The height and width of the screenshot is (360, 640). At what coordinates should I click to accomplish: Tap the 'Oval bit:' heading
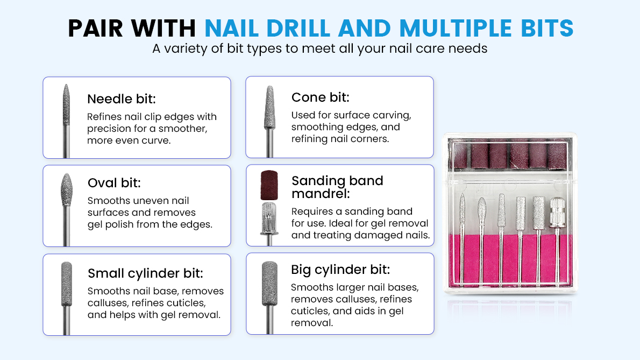click(x=114, y=183)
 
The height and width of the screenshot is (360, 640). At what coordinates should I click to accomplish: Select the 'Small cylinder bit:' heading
click(x=145, y=273)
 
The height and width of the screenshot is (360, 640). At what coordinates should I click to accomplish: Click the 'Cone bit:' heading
click(x=320, y=97)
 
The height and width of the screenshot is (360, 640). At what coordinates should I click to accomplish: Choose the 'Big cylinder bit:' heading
click(x=340, y=269)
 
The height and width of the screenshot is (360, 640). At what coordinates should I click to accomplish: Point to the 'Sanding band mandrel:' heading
click(x=337, y=187)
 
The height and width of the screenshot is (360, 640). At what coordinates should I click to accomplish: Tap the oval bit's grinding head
click(x=66, y=189)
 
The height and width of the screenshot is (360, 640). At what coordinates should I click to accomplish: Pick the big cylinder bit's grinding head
click(x=269, y=281)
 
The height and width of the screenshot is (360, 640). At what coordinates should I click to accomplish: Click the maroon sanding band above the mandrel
click(x=268, y=185)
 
